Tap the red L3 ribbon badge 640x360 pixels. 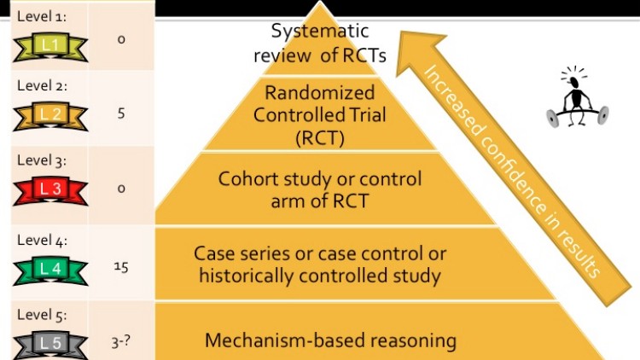pyautogui.click(x=50, y=189)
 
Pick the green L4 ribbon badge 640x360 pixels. pyautogui.click(x=50, y=270)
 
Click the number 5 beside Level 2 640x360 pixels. pyautogui.click(x=121, y=112)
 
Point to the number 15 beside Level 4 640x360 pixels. pyautogui.click(x=121, y=267)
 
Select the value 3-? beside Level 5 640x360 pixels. pyautogui.click(x=121, y=343)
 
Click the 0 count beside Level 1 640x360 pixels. pyautogui.click(x=121, y=38)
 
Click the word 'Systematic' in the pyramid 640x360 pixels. pyautogui.click(x=320, y=32)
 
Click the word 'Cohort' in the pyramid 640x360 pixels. pyautogui.click(x=246, y=180)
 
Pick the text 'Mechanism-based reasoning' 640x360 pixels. pyautogui.click(x=330, y=340)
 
